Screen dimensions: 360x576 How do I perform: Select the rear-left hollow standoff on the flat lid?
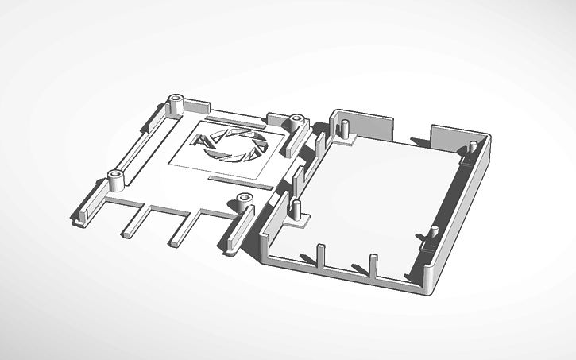click(176, 103)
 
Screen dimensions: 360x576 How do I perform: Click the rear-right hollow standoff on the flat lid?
click(298, 122)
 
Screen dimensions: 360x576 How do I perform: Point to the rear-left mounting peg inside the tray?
click(346, 130)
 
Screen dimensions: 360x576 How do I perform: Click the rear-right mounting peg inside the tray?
click(471, 152)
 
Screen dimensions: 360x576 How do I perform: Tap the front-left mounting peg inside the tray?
click(296, 211)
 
